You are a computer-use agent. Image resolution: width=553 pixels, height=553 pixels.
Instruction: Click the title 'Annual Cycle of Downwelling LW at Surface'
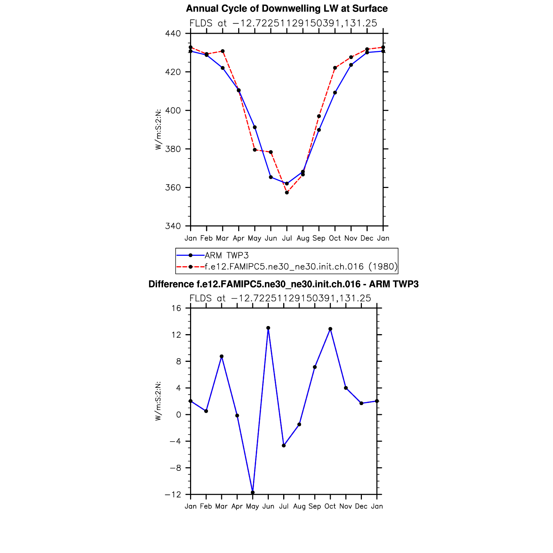[x=287, y=9]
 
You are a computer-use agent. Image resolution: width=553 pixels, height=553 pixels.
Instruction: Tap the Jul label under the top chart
[x=287, y=238]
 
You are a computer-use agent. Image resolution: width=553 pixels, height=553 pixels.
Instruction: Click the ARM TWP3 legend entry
[x=227, y=255]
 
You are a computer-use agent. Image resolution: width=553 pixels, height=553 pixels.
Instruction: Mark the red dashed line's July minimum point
[x=287, y=193]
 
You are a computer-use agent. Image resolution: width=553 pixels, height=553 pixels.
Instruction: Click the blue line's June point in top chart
[x=271, y=177]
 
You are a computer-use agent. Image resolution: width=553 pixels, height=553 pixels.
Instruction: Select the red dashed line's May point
[x=255, y=150]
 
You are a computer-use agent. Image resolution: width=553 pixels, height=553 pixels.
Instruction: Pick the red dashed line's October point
[x=335, y=68]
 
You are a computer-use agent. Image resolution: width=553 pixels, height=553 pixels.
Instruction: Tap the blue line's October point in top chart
[x=335, y=93]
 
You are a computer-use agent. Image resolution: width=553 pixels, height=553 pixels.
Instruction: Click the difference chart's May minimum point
[x=253, y=493]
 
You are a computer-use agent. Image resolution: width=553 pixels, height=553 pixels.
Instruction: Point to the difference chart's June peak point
[x=268, y=328]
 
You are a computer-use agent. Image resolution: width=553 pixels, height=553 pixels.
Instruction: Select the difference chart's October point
[x=330, y=329]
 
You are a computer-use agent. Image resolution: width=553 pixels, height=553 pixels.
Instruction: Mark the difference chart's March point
[x=222, y=356]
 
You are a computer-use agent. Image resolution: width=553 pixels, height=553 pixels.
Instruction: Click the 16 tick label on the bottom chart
[x=176, y=308]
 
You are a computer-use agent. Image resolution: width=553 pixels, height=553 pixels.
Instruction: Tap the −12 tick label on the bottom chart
[x=174, y=495]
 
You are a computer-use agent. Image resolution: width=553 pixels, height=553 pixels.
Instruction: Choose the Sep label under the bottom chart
[x=315, y=506]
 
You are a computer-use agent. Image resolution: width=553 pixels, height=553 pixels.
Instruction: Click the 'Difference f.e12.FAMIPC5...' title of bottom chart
[x=284, y=284]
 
